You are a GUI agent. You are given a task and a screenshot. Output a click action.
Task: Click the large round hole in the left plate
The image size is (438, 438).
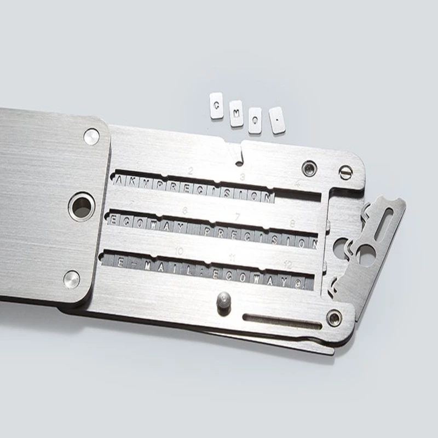(82, 206)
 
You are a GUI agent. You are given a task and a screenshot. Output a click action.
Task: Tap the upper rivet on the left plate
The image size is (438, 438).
(91, 136)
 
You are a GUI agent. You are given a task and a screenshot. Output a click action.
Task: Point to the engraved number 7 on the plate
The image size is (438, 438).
(237, 217)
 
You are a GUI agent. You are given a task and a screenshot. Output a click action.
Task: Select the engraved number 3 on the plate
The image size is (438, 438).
(241, 176)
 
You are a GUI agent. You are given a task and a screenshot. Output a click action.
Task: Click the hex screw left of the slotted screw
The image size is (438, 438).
(310, 166)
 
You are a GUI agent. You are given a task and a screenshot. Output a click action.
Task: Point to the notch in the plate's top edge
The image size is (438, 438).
(240, 155)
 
